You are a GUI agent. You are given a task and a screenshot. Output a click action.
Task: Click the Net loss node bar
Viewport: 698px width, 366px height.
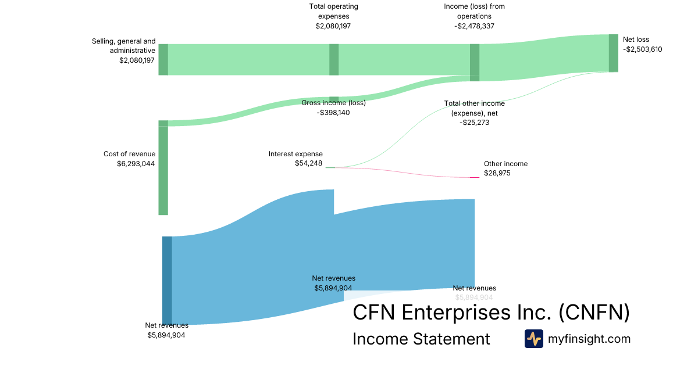coord(613,53)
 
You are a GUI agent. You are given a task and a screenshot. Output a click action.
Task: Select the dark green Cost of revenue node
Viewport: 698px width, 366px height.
coord(163,168)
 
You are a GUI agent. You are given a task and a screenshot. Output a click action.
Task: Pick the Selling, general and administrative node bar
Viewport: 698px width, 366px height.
coord(163,59)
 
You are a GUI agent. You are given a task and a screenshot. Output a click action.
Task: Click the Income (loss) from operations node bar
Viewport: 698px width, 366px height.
coord(475,62)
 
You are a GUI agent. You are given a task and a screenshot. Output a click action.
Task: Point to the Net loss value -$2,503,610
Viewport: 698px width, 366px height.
coord(642,49)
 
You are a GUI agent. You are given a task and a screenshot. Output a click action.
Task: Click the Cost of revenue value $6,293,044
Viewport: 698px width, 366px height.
coord(136,164)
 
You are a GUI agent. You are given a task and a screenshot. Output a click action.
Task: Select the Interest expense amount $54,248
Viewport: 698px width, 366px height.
coord(308,164)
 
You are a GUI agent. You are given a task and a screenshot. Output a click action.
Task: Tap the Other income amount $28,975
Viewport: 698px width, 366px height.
coord(497,173)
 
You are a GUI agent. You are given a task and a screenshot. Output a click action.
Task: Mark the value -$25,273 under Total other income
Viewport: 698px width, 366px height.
coord(474,123)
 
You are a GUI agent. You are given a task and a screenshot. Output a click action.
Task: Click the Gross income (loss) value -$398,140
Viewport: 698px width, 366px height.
coord(333,113)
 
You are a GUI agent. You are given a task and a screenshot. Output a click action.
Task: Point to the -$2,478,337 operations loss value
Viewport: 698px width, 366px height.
coord(474,26)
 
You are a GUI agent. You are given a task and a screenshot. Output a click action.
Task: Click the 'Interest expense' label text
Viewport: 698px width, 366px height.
coord(295,154)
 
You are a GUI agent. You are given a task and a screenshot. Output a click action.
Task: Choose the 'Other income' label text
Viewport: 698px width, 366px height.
coord(505,164)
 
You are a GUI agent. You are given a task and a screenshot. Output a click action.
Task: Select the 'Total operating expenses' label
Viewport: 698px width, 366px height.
coord(333,11)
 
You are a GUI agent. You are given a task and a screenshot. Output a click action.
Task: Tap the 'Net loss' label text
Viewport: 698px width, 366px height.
coord(636,40)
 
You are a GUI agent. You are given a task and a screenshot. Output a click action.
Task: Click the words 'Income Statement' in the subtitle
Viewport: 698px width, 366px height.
coord(421,339)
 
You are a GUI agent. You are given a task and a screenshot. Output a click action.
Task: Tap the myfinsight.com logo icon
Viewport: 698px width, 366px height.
coord(533,339)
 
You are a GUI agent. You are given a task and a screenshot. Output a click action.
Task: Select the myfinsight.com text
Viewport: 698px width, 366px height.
coord(589,339)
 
